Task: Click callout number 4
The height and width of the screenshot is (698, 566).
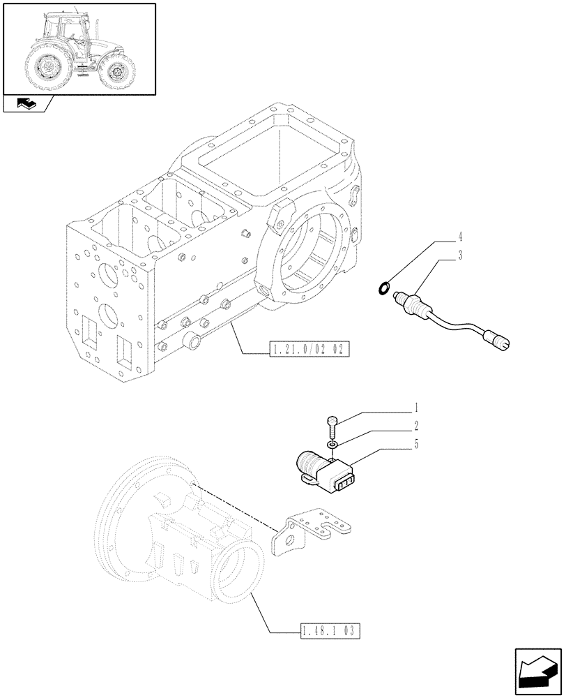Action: tap(460, 237)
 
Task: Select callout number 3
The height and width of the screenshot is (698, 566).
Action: tap(460, 255)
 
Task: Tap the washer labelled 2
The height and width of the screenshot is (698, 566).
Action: tap(334, 444)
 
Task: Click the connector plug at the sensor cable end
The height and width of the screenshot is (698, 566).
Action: tap(500, 339)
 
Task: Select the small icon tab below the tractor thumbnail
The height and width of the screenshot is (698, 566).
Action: tap(26, 105)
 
